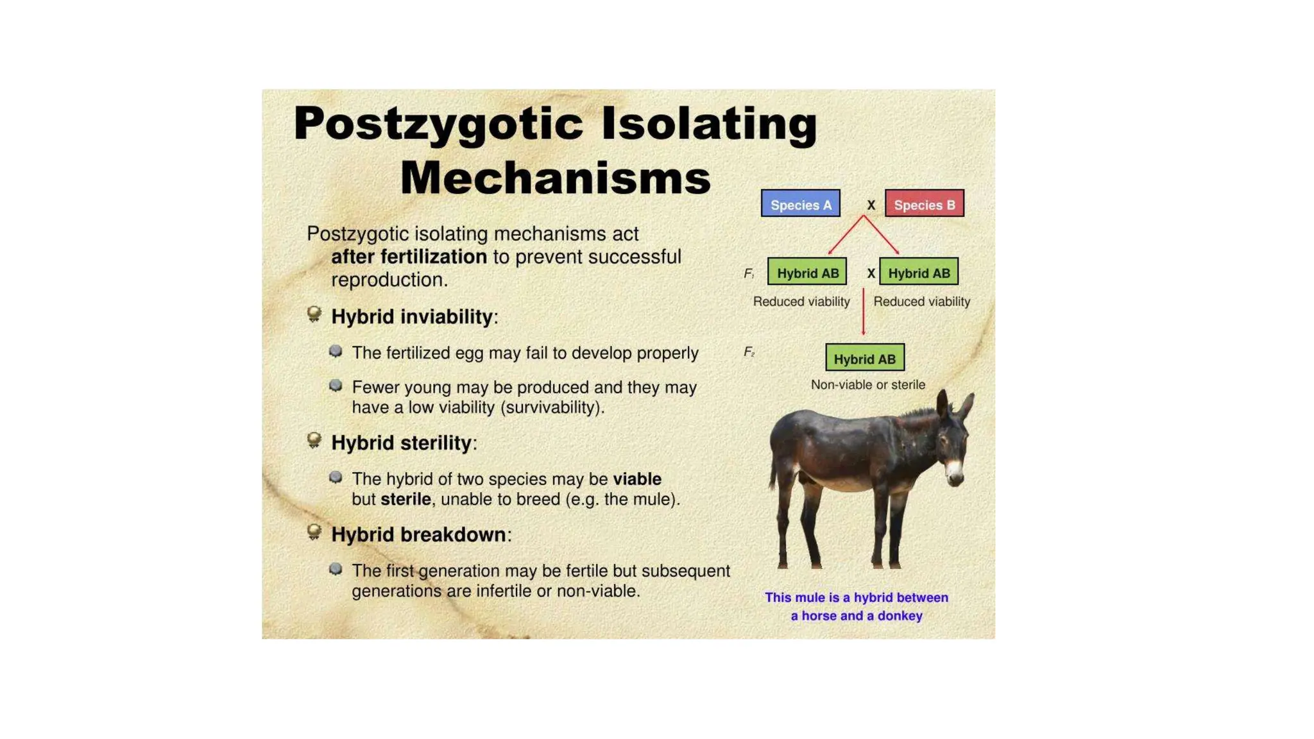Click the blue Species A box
pyautogui.click(x=800, y=204)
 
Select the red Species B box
pyautogui.click(x=924, y=204)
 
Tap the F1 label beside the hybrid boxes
pyautogui.click(x=749, y=274)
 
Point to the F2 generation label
pyautogui.click(x=749, y=352)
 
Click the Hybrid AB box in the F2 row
pyautogui.click(x=864, y=358)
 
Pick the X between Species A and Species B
pyautogui.click(x=871, y=205)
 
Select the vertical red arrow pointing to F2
pyautogui.click(x=863, y=312)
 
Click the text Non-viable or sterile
pyautogui.click(x=867, y=385)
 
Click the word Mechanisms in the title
pyautogui.click(x=556, y=178)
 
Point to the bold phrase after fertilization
pyautogui.click(x=409, y=257)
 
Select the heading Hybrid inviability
pyautogui.click(x=411, y=317)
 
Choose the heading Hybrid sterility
pyautogui.click(x=401, y=443)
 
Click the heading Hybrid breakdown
pyautogui.click(x=418, y=535)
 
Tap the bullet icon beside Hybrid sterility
pyautogui.click(x=314, y=441)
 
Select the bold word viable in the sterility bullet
pyautogui.click(x=636, y=479)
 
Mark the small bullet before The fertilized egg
pyautogui.click(x=335, y=352)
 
